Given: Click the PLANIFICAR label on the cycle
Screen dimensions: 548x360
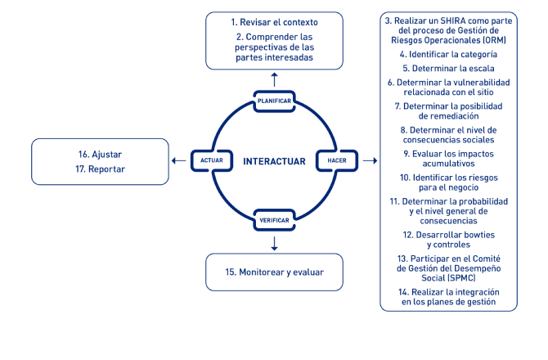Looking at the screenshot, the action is (x=274, y=101).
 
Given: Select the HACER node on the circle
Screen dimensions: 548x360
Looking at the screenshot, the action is (x=337, y=161).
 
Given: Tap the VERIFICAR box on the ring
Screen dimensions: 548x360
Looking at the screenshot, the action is (x=274, y=220).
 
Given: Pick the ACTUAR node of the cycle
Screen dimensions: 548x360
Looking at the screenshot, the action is (x=212, y=161).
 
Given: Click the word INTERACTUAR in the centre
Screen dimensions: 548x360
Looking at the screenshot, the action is (x=274, y=161).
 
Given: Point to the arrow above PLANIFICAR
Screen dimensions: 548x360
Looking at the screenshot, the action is (x=274, y=79).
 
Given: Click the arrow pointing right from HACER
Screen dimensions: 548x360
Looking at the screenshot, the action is (x=371, y=161).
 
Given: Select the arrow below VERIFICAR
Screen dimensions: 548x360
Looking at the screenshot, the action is (x=274, y=244).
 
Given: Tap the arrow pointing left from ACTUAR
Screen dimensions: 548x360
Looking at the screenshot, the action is (x=178, y=161).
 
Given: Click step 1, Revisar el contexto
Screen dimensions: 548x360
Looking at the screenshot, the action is (x=274, y=22).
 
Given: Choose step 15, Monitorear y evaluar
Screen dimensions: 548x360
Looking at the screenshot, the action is (x=274, y=272).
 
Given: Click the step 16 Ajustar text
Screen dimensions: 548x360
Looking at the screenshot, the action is (x=100, y=155).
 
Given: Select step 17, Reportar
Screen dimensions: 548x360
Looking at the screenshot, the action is (x=100, y=169).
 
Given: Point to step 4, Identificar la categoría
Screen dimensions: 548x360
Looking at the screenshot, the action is (x=448, y=55).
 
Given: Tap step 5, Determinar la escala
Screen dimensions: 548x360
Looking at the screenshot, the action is (x=448, y=69).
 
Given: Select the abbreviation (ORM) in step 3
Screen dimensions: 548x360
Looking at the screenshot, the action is (x=494, y=41).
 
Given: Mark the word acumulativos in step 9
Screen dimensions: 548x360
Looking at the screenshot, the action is (x=448, y=164).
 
